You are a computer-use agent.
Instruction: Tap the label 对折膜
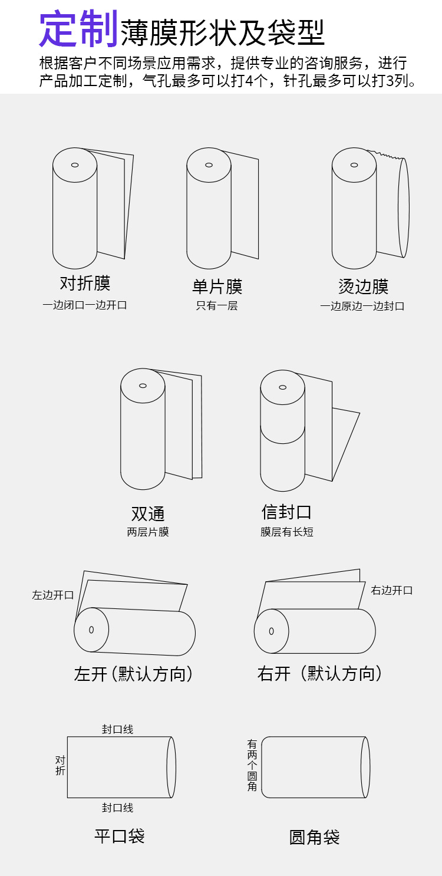85,284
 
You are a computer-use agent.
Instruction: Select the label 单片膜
217,287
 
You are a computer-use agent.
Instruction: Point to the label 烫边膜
363,287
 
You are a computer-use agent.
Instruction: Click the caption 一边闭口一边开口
85,305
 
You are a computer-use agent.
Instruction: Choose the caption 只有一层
217,306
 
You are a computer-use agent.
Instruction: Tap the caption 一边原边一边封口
362,307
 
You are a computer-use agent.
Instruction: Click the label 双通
148,513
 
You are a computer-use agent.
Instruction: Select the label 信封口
286,512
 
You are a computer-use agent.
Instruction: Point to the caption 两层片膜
148,532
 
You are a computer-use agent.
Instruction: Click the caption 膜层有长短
287,532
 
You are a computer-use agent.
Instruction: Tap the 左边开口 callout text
53,595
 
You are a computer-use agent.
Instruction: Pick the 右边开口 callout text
392,591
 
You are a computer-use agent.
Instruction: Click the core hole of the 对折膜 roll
75,165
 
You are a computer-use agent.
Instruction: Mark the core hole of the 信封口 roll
283,387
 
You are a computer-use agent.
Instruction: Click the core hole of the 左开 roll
91,630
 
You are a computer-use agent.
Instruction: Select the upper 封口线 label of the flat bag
118,730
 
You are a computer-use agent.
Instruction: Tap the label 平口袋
120,836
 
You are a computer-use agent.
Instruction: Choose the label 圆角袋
315,838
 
